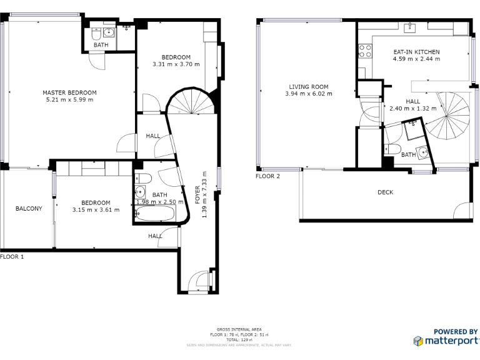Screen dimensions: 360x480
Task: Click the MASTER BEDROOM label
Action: point(69,92)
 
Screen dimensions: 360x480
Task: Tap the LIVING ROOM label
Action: point(309,87)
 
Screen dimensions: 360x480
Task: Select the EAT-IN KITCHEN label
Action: point(416,52)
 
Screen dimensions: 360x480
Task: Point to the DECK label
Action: point(386,192)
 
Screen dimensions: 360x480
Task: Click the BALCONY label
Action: point(29,209)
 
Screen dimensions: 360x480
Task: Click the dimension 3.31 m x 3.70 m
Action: point(176,64)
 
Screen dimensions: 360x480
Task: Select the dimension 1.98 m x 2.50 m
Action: point(159,202)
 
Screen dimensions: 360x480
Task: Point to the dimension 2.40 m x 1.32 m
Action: point(412,108)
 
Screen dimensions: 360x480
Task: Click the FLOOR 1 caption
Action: point(12,257)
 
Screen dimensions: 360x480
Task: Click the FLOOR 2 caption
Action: point(267,176)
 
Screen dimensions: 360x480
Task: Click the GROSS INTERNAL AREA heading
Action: point(239,329)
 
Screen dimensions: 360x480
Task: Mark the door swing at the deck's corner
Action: point(462,211)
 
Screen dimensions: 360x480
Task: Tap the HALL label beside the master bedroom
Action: point(153,136)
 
